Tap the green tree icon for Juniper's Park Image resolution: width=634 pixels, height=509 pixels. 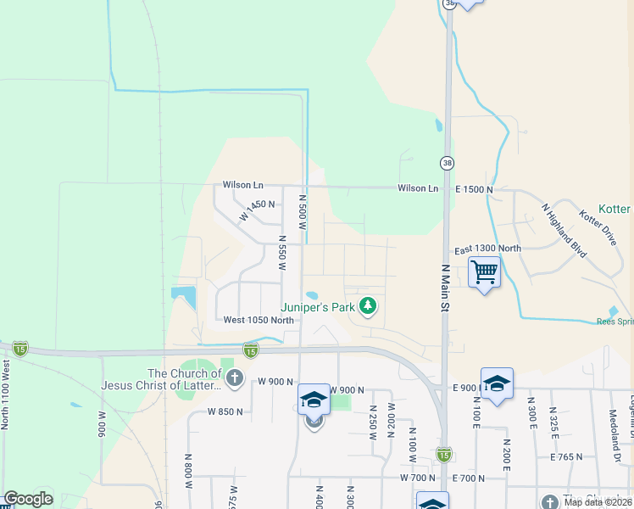pyautogui.click(x=368, y=305)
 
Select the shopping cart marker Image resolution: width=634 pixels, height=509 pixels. pyautogui.click(x=484, y=273)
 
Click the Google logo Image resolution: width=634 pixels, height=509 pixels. pyautogui.click(x=28, y=499)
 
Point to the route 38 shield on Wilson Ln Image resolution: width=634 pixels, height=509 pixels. pyautogui.click(x=447, y=162)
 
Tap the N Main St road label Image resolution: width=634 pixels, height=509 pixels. pyautogui.click(x=444, y=288)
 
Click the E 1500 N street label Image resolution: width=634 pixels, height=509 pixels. pyautogui.click(x=472, y=189)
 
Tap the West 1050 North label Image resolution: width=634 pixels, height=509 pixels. pyautogui.click(x=259, y=321)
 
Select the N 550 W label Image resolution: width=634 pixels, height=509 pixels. pyautogui.click(x=282, y=254)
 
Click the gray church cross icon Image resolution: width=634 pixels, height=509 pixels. pyautogui.click(x=234, y=378)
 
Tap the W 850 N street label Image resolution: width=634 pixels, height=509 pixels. pyautogui.click(x=225, y=411)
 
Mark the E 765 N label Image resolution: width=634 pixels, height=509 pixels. pyautogui.click(x=566, y=456)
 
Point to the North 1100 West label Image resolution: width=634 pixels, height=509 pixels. pyautogui.click(x=6, y=394)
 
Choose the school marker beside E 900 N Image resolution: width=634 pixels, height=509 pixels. pyautogui.click(x=497, y=383)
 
